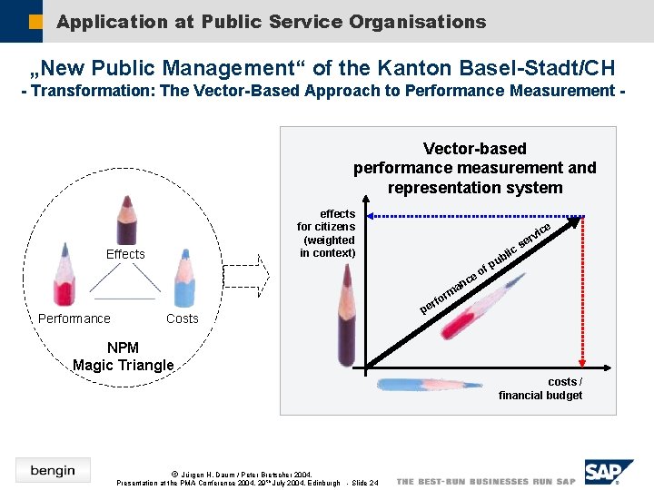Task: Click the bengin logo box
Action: tap(53, 470)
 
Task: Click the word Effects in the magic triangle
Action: tap(125, 254)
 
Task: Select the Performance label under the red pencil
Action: tap(74, 318)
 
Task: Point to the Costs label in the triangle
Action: tap(182, 318)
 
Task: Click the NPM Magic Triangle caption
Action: tap(123, 357)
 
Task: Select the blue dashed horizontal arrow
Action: tap(472, 217)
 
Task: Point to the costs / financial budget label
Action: tap(540, 388)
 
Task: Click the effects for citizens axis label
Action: tap(327, 233)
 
